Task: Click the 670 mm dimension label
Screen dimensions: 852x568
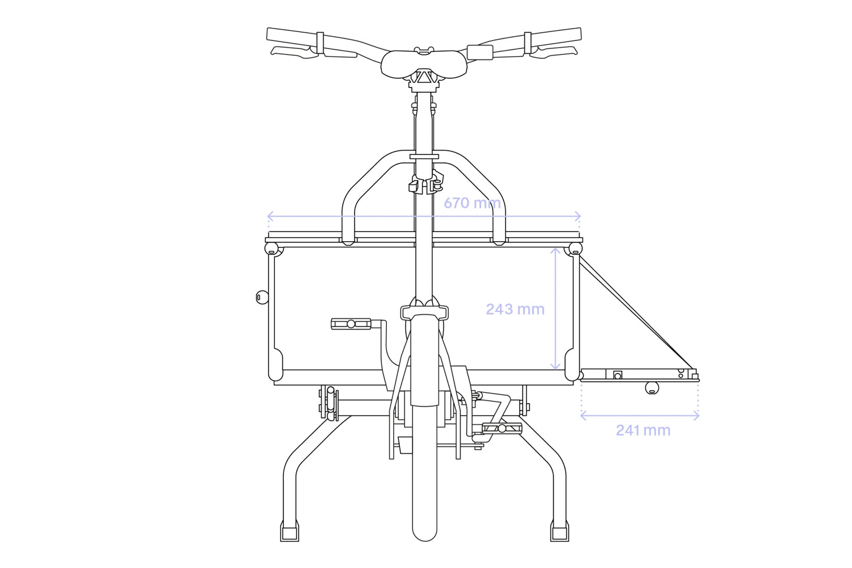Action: point(472,203)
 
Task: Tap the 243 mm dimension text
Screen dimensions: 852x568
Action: point(515,309)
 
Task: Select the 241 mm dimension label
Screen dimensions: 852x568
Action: point(643,431)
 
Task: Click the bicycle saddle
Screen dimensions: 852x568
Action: point(424,65)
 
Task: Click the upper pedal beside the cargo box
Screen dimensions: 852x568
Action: point(351,324)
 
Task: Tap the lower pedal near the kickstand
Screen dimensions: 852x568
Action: point(502,428)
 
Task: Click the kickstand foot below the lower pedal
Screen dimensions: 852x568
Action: point(560,531)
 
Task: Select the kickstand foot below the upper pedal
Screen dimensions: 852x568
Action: point(290,531)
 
